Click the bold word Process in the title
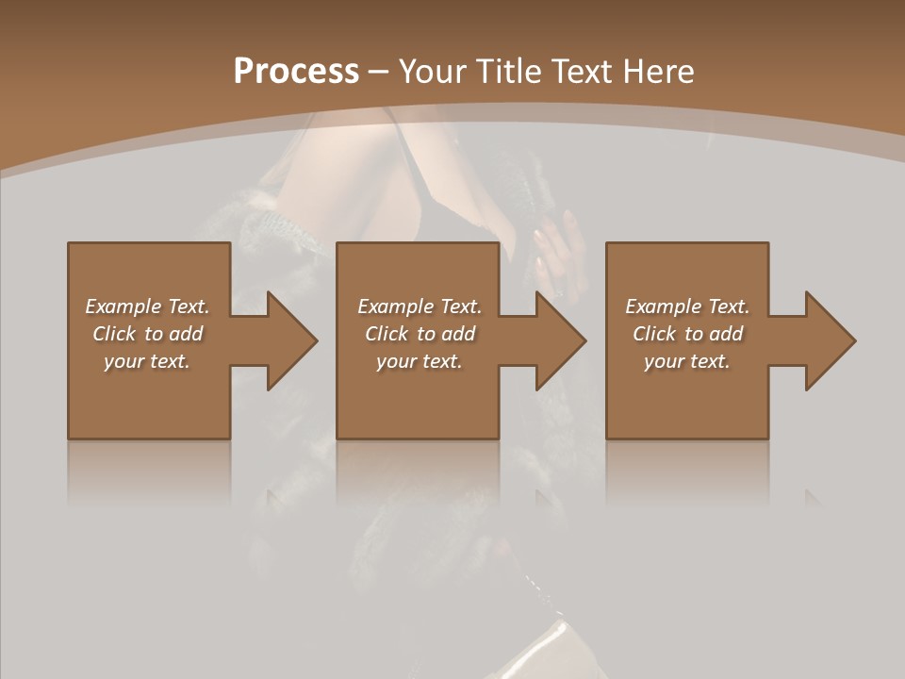point(296,72)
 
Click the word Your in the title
point(430,72)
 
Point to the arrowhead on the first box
point(288,340)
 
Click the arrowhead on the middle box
point(558,340)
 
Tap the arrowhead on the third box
point(828,340)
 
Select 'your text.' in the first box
point(147,361)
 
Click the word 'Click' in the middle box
point(387,334)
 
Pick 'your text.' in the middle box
point(420,361)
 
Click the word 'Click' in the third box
point(654,334)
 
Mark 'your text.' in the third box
point(687,361)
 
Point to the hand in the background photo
point(559,250)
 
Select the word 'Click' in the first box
point(114,334)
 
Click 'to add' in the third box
point(714,334)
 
